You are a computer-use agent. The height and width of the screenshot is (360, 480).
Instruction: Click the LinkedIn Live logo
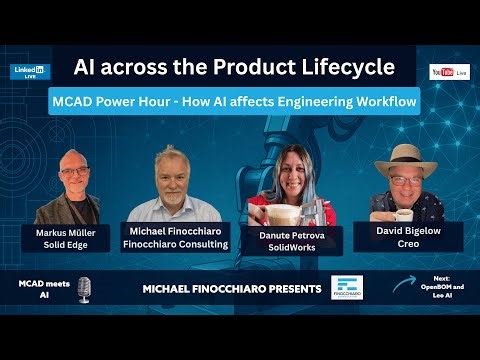pos(31,72)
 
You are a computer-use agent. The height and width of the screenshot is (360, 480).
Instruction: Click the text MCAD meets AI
pos(41,289)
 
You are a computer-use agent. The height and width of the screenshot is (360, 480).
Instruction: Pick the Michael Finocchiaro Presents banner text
pos(232,290)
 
